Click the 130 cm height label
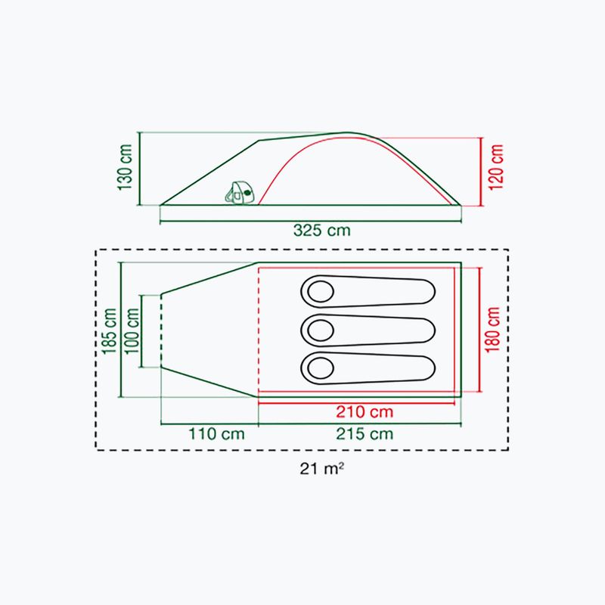(126, 167)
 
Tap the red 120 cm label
(496, 167)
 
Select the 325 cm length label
(322, 231)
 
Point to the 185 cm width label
(109, 330)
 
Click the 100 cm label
(132, 330)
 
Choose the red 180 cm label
(493, 330)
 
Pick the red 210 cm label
(365, 411)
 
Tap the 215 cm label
(365, 433)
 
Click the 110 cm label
(216, 433)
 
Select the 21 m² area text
(322, 468)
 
